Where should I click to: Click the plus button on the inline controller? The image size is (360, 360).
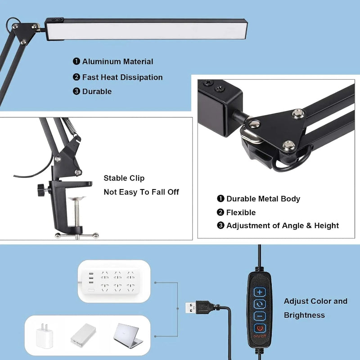(x=260, y=292)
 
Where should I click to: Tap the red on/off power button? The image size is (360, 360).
(x=260, y=328)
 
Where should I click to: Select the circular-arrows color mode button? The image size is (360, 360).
(x=260, y=304)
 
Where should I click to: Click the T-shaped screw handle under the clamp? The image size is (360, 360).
(x=77, y=234)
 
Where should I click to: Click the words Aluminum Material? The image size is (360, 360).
(x=117, y=62)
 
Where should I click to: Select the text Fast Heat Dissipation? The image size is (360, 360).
(x=122, y=77)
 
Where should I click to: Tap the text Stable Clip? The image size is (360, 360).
(x=124, y=178)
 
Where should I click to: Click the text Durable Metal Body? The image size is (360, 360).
(x=263, y=199)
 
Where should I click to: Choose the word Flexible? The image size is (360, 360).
(x=241, y=212)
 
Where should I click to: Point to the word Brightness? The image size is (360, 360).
(x=304, y=315)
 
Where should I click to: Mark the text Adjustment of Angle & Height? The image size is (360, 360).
(x=283, y=226)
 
